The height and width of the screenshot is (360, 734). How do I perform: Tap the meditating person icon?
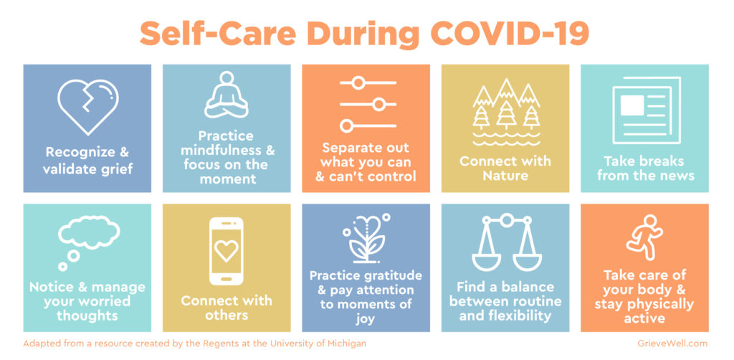[x=227, y=95]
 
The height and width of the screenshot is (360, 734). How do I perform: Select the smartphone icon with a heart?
[x=226, y=252]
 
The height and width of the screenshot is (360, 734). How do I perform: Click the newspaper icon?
[x=646, y=110]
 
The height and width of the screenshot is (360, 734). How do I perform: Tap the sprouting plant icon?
[x=366, y=238]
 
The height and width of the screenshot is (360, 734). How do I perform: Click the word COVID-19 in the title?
[x=510, y=33]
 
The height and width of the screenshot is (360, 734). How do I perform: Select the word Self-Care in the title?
[x=218, y=33]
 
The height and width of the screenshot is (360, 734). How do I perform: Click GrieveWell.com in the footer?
[x=672, y=344]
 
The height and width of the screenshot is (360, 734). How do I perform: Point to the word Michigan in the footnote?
[x=347, y=344]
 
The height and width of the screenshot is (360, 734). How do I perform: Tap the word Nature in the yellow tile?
[x=505, y=176]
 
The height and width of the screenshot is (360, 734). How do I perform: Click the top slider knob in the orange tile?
[x=358, y=83]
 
